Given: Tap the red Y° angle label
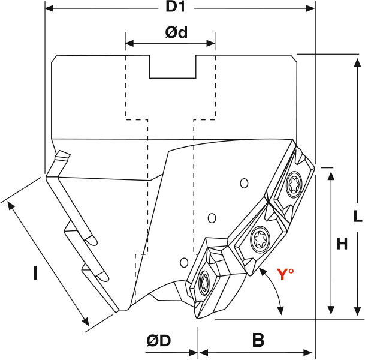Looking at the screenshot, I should click(x=285, y=275).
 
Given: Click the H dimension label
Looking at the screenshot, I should click(x=342, y=244).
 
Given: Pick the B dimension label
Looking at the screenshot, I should click(x=258, y=341).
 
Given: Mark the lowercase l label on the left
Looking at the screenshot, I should click(x=35, y=274).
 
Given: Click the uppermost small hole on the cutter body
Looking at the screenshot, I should click(x=243, y=182).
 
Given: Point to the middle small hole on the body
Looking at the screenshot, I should click(x=211, y=217).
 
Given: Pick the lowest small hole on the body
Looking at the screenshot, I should click(x=185, y=262).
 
